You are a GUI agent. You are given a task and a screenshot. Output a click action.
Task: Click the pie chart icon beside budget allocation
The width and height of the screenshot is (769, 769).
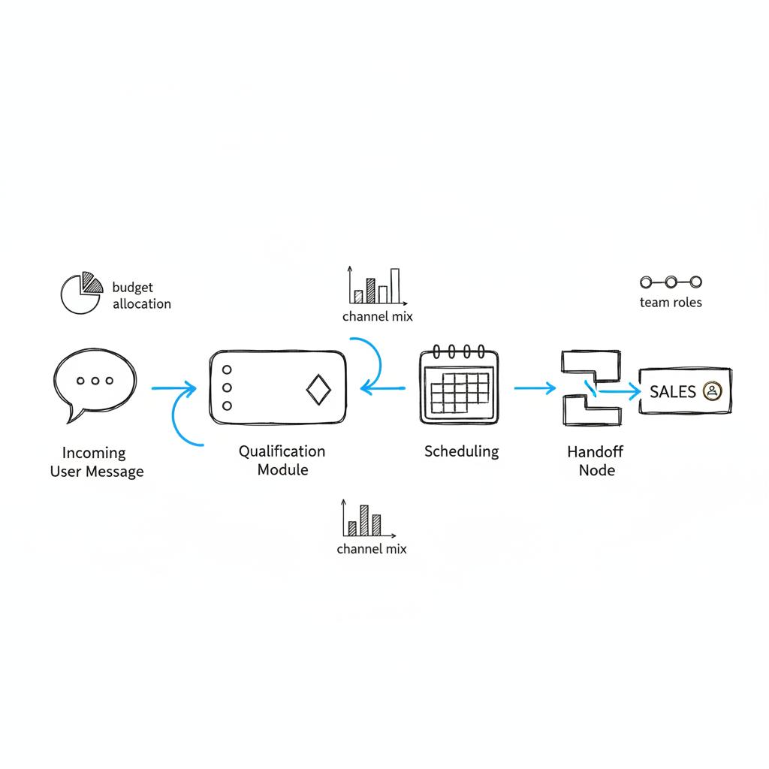[x=80, y=292]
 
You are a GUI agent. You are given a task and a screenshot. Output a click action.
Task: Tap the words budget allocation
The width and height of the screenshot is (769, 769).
[x=141, y=296]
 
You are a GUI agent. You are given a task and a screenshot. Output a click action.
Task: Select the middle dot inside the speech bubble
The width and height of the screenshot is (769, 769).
[x=95, y=381]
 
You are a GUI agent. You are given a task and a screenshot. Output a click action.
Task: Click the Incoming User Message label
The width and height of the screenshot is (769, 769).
[x=96, y=463]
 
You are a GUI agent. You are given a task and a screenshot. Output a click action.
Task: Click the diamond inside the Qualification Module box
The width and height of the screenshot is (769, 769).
[x=318, y=389]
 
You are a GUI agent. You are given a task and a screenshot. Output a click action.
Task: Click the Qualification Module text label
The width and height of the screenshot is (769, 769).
[x=282, y=460]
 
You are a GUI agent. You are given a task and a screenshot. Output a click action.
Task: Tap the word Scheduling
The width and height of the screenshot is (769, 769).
[x=461, y=451]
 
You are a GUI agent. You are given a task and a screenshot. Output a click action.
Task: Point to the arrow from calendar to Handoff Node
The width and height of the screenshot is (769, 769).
[x=535, y=388]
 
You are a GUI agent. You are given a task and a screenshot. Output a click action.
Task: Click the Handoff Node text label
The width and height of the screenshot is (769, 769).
[x=596, y=461]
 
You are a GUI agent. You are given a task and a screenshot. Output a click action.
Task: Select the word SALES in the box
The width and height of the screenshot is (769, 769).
[x=672, y=391]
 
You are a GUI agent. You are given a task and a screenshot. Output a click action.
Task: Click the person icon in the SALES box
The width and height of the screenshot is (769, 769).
[x=711, y=391]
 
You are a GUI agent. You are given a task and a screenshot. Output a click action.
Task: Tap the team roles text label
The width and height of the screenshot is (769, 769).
[x=671, y=302]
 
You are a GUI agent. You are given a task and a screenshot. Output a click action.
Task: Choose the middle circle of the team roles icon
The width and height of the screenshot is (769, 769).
[x=671, y=282]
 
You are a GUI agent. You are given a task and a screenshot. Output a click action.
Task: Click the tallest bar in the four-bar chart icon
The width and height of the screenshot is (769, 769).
[x=395, y=286]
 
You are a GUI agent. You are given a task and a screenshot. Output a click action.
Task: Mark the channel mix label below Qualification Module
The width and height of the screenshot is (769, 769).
[x=372, y=549]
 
